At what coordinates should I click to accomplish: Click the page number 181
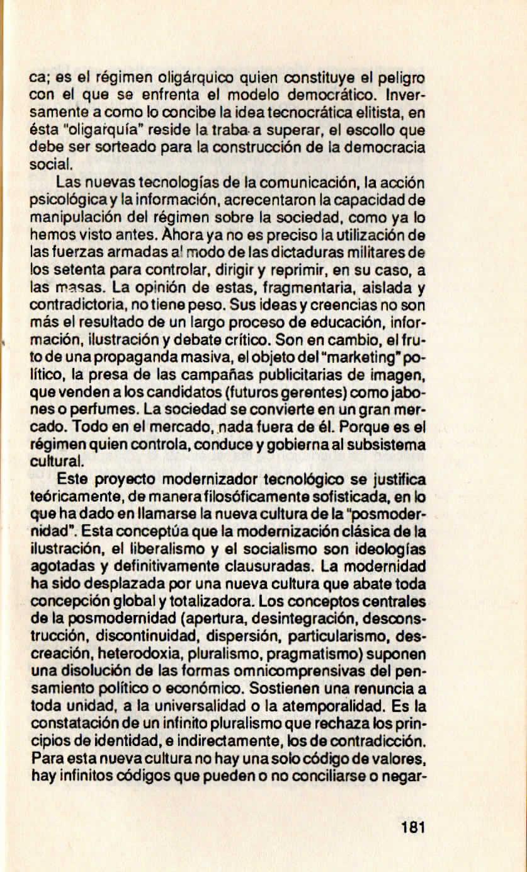click(413, 827)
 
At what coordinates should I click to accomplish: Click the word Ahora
click(179, 234)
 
